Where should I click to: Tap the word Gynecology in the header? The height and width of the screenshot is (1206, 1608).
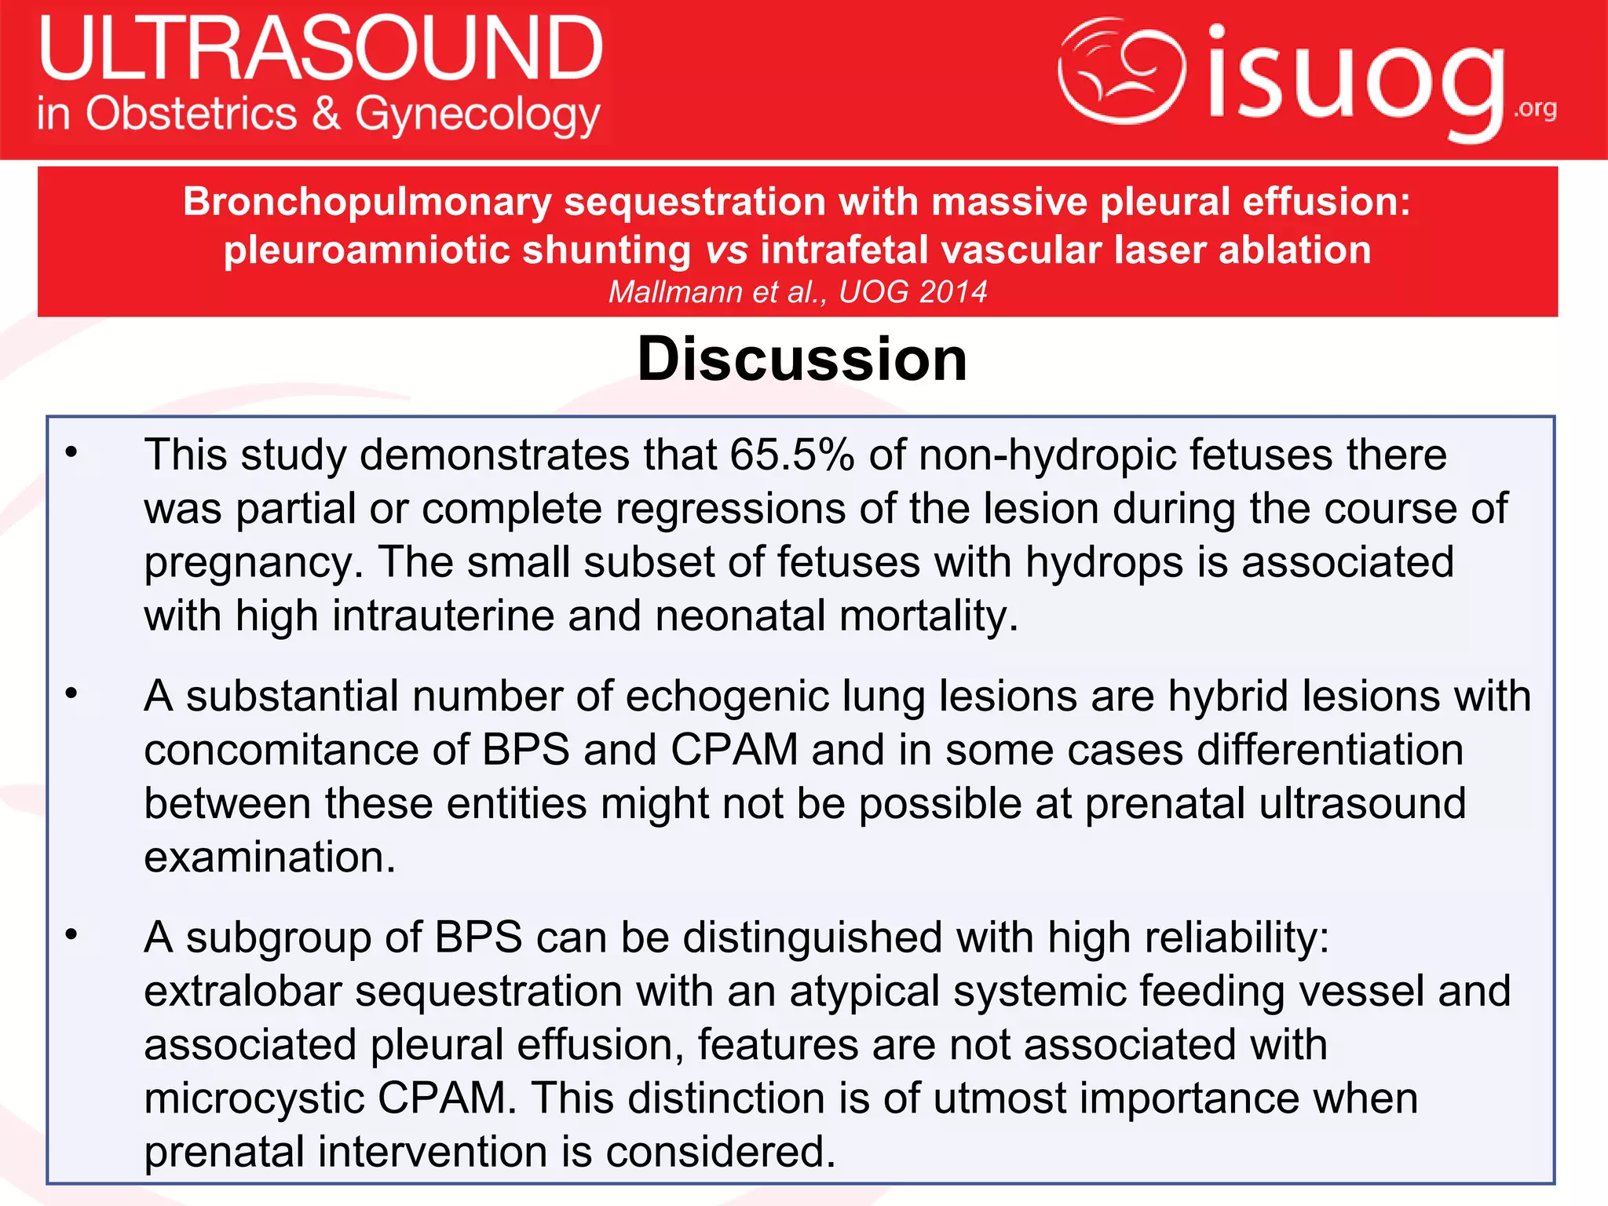point(477,115)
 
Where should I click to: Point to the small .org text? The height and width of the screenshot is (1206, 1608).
point(1535,108)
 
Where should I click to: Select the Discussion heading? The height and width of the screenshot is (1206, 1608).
point(802,359)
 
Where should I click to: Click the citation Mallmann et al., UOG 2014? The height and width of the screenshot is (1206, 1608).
point(797,292)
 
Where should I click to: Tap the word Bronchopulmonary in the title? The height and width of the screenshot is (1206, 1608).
point(367,202)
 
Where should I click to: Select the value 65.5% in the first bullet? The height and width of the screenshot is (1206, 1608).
point(791,455)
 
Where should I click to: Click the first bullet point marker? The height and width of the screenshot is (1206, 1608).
point(71,452)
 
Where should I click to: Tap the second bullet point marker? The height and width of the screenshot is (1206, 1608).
point(71,694)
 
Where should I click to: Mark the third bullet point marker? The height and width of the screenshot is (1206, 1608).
point(71,935)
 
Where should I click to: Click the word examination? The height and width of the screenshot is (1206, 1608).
point(269,857)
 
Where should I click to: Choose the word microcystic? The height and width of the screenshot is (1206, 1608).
point(254,1099)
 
